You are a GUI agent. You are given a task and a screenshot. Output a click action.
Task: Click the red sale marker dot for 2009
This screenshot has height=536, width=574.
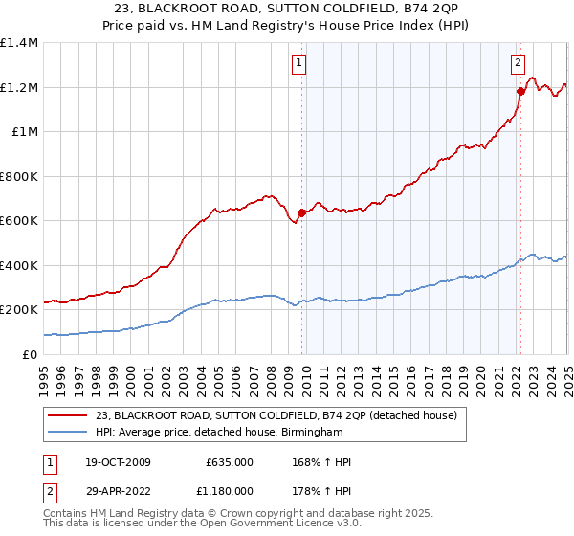point(301,213)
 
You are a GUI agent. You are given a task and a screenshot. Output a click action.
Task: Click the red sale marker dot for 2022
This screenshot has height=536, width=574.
point(520,92)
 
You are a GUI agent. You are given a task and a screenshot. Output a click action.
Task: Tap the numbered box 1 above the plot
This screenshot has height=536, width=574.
point(299,64)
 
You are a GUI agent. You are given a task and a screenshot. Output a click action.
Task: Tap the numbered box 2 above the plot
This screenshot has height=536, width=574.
point(518,64)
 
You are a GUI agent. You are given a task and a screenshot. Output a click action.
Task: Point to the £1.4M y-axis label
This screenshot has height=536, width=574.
point(18,43)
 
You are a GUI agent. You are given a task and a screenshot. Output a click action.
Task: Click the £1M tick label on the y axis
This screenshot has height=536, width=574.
point(23,132)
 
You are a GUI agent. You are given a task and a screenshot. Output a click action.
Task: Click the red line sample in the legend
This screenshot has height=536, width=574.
point(68,415)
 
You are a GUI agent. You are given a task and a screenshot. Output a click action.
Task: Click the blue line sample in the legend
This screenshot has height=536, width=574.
point(68,432)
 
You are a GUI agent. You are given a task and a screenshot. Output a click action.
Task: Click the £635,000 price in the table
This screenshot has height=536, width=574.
point(229,462)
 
